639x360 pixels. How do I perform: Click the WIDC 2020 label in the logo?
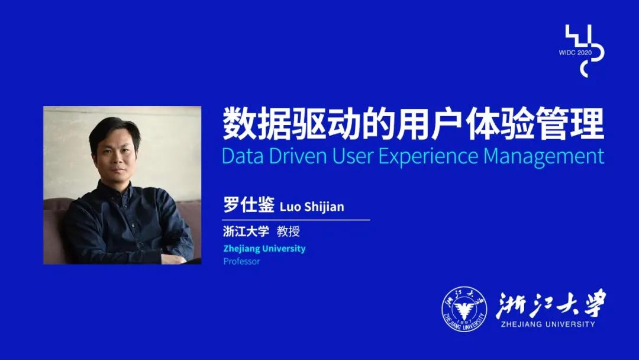pyautogui.click(x=575, y=53)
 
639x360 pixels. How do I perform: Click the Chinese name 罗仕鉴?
pyautogui.click(x=248, y=205)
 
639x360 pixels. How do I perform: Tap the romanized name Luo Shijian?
pyautogui.click(x=312, y=207)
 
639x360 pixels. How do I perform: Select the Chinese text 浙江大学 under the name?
pyautogui.click(x=246, y=231)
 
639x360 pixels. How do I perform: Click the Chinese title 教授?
pyautogui.click(x=289, y=231)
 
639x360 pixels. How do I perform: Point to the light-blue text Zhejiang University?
pyautogui.click(x=264, y=249)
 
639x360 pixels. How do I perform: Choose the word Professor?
pyautogui.click(x=241, y=261)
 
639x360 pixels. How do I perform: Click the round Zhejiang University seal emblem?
pyautogui.click(x=464, y=308)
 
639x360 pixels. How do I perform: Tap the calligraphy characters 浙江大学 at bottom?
pyautogui.click(x=551, y=304)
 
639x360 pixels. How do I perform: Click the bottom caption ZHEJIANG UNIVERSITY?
pyautogui.click(x=548, y=324)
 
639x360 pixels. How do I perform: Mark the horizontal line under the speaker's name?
pyautogui.click(x=296, y=220)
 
